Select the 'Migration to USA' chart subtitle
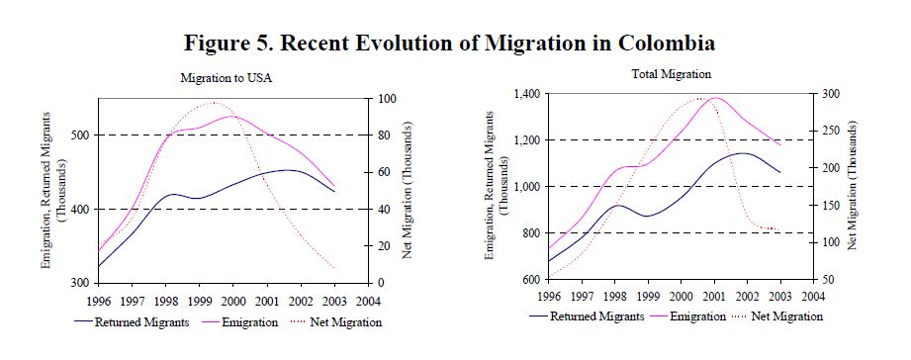(226, 78)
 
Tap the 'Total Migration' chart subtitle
(680, 74)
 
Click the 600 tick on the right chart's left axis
(529, 279)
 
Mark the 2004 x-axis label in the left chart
(368, 302)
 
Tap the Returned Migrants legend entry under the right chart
(587, 317)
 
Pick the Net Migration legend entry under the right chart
(776, 316)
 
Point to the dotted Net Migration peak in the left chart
(214, 103)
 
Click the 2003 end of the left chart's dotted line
(334, 268)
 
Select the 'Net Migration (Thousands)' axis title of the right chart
(853, 186)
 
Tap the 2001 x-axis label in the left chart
(267, 302)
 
